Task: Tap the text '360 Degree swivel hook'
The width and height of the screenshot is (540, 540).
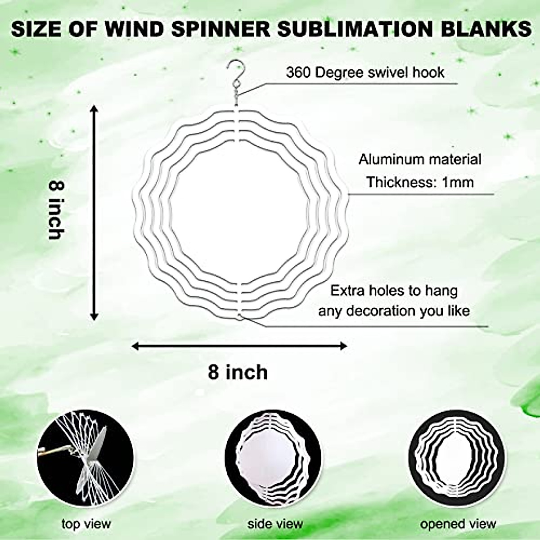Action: tap(364, 72)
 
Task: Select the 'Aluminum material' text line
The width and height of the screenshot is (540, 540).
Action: tap(419, 159)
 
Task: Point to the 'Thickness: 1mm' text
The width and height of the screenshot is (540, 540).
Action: tap(419, 182)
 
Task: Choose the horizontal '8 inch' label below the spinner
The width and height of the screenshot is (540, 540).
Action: tap(238, 373)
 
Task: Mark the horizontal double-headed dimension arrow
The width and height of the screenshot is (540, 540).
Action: tap(239, 346)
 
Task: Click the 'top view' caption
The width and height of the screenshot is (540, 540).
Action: tap(86, 523)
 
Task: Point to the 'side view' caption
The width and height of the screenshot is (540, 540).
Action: tap(275, 523)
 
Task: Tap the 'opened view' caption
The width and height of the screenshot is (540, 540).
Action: tap(458, 523)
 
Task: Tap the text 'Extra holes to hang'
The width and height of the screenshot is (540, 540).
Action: tap(394, 291)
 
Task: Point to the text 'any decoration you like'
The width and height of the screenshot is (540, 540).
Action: tap(394, 311)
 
